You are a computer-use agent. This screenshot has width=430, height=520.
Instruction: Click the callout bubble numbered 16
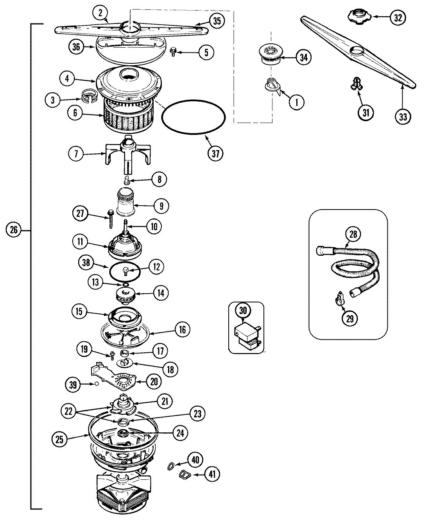pyautogui.click(x=182, y=329)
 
